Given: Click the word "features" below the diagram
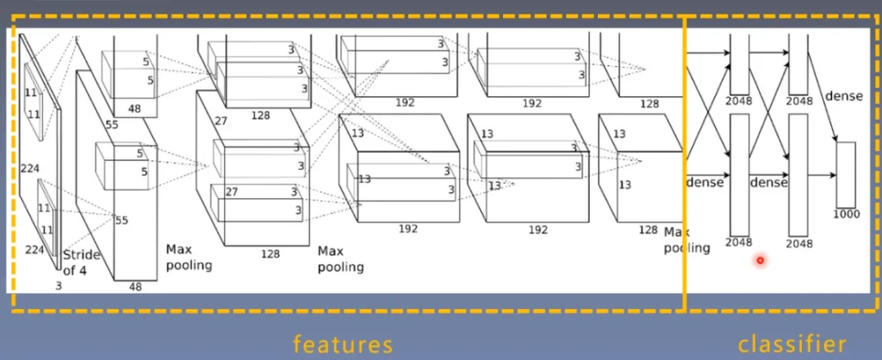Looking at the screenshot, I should point(343,344).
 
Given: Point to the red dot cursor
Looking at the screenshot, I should point(760,260).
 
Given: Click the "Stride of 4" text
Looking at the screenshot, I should point(82,263).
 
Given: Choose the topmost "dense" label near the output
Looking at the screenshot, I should point(843,96).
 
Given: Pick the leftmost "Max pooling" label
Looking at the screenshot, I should point(189,257).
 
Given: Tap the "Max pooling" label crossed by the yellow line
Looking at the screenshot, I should point(686,240).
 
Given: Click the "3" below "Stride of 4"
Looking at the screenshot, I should point(59,284).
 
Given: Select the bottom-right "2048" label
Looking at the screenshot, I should point(798,244).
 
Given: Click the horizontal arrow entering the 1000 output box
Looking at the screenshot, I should point(823,175).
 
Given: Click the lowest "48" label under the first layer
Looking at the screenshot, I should point(135,287).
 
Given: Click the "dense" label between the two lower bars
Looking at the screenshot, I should point(768,183).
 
